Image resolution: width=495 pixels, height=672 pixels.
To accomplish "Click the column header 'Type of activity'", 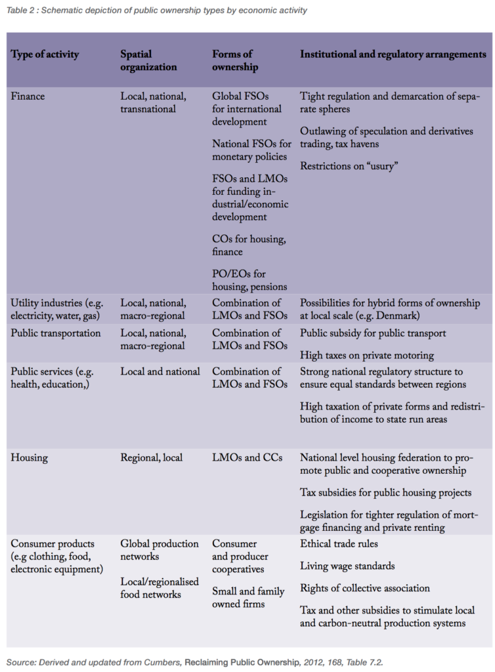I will pyautogui.click(x=45, y=54).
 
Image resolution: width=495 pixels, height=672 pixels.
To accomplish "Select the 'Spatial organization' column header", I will pyautogui.click(x=148, y=60).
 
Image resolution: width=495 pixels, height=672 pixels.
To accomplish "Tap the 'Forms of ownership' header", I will pyautogui.click(x=234, y=60).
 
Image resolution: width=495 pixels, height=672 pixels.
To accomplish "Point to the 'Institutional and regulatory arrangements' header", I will pyautogui.click(x=393, y=54).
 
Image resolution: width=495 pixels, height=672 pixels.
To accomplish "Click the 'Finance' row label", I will pyautogui.click(x=29, y=96).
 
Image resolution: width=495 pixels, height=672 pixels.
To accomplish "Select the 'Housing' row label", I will pyautogui.click(x=30, y=457).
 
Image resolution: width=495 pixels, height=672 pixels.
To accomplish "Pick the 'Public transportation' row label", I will pyautogui.click(x=56, y=333).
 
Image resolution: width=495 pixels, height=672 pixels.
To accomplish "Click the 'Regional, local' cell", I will pyautogui.click(x=152, y=457).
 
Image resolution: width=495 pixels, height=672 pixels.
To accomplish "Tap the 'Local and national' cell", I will pyautogui.click(x=160, y=371).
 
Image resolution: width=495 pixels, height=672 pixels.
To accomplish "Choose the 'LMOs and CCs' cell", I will pyautogui.click(x=247, y=457).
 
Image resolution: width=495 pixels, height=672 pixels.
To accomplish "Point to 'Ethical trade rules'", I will pyautogui.click(x=339, y=543).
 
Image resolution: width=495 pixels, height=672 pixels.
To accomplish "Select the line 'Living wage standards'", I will pyautogui.click(x=347, y=566).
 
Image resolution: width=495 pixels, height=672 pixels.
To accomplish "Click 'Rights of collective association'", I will pyautogui.click(x=365, y=588).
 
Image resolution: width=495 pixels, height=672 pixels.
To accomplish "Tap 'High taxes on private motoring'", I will pyautogui.click(x=367, y=355).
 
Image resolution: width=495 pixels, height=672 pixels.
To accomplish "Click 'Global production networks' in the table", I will pyautogui.click(x=159, y=550).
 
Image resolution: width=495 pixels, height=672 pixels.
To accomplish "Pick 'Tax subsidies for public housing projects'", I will pyautogui.click(x=385, y=492).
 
